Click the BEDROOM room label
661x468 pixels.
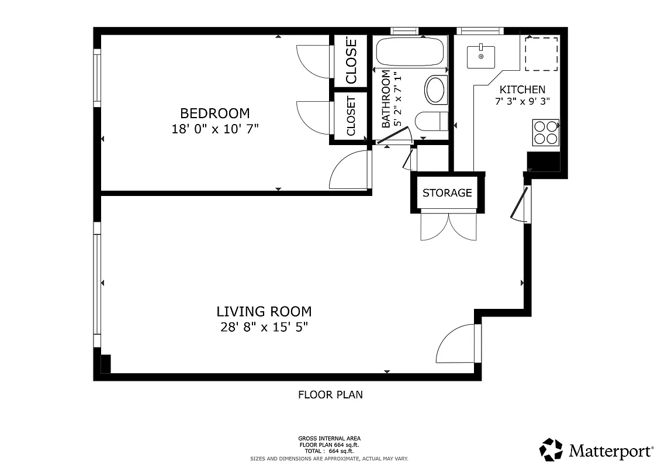(x=214, y=113)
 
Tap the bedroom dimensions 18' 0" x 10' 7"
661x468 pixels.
(x=214, y=129)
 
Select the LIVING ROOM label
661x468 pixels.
(x=264, y=311)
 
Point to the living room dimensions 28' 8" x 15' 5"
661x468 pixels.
(x=264, y=327)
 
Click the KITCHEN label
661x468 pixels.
(x=522, y=90)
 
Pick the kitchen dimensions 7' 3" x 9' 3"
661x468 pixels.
(x=522, y=101)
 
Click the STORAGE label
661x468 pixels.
(x=447, y=192)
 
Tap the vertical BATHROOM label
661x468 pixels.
(x=386, y=99)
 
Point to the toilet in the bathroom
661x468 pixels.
(x=431, y=121)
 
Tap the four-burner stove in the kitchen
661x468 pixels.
(x=545, y=132)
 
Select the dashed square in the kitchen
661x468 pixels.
(x=541, y=53)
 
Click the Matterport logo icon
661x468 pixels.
(x=551, y=450)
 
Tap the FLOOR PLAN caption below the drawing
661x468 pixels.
(x=330, y=395)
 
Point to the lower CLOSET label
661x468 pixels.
(x=351, y=116)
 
